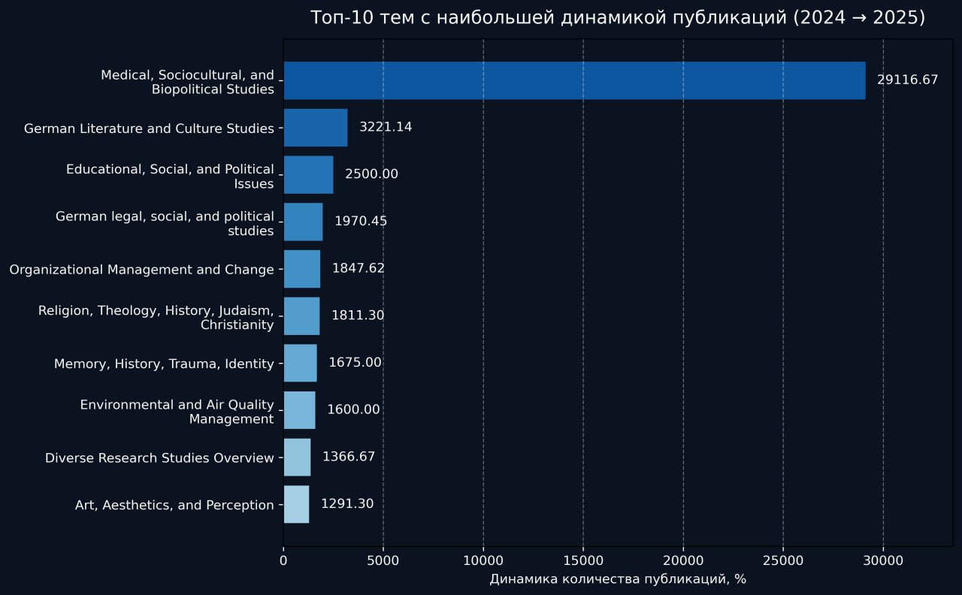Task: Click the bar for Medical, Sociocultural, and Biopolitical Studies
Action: (x=574, y=80)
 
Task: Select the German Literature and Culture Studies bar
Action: (x=315, y=128)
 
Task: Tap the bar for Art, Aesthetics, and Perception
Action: (x=296, y=504)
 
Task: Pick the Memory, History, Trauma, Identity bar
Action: (x=300, y=363)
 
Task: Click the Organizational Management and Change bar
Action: (x=301, y=269)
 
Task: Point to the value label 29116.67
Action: (x=907, y=80)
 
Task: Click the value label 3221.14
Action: (x=386, y=127)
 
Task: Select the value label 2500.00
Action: (x=371, y=174)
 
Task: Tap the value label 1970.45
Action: (x=361, y=222)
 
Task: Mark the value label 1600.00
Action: (x=353, y=410)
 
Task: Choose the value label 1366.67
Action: (x=349, y=457)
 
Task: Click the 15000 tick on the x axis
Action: (x=583, y=560)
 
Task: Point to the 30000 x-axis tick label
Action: (x=883, y=560)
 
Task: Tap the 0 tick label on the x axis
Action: (x=283, y=560)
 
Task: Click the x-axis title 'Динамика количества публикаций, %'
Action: (x=617, y=579)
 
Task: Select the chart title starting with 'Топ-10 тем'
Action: (x=617, y=18)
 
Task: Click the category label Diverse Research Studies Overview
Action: (x=159, y=458)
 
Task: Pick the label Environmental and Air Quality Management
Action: (x=177, y=412)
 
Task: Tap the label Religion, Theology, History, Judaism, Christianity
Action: (x=156, y=317)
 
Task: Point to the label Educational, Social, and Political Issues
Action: (x=170, y=176)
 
